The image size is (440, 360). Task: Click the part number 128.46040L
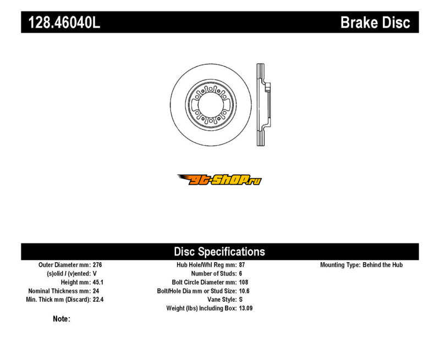click(64, 22)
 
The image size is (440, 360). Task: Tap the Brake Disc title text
click(375, 22)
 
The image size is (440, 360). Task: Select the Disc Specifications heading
click(219, 252)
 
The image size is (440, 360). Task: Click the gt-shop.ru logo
click(219, 179)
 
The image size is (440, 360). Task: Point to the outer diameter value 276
click(97, 265)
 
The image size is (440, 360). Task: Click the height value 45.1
click(98, 283)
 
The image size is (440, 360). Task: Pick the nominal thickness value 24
click(96, 291)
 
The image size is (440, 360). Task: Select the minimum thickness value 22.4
click(98, 300)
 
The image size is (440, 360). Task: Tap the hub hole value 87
click(242, 265)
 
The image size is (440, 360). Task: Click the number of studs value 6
click(240, 274)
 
